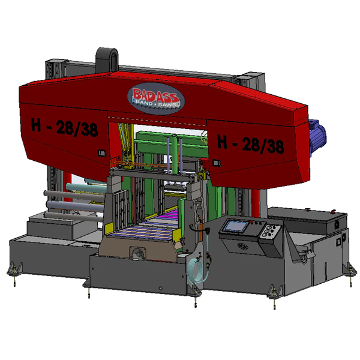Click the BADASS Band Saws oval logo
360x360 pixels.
pos(156,98)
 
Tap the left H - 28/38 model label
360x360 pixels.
pos(65,127)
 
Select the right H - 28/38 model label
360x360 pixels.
pos(251,144)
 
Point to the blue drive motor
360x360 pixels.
pos(317,137)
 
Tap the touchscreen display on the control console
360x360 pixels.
pos(236,226)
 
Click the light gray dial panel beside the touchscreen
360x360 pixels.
pos(271,232)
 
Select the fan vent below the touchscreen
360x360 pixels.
pos(242,246)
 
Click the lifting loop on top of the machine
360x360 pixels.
pos(107,59)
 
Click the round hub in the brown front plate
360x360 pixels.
pos(138,253)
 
